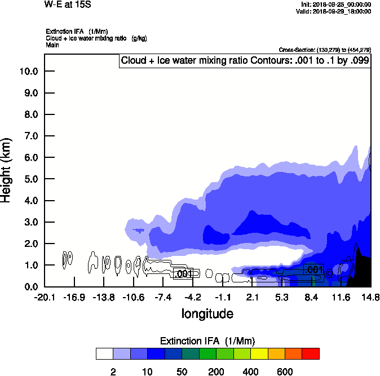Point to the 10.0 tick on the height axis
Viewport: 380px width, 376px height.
pyautogui.click(x=28, y=72)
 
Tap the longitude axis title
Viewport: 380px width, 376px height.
pyautogui.click(x=207, y=313)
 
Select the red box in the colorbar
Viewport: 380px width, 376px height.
pyautogui.click(x=311, y=353)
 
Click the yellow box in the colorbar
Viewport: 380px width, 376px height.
pyautogui.click(x=259, y=353)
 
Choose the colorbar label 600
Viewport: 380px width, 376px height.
pyautogui.click(x=285, y=371)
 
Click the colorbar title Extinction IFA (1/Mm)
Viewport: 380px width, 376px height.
pyautogui.click(x=207, y=341)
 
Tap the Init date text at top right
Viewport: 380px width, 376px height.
pyautogui.click(x=336, y=5)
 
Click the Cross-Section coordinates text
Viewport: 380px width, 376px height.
pyautogui.click(x=325, y=50)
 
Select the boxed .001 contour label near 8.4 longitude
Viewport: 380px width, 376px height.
pyautogui.click(x=313, y=270)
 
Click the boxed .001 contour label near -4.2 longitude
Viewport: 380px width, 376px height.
pyautogui.click(x=183, y=275)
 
